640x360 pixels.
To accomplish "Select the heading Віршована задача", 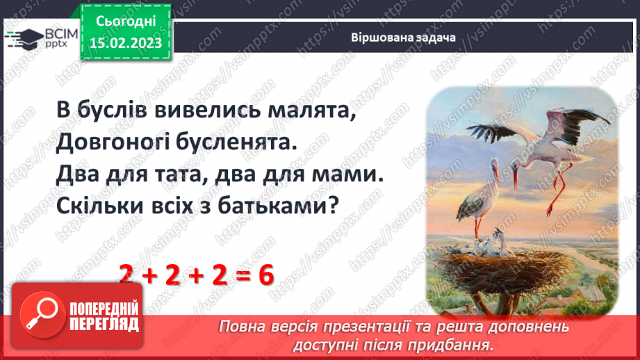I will coord(403,38).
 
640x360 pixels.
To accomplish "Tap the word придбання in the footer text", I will coord(455,345).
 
